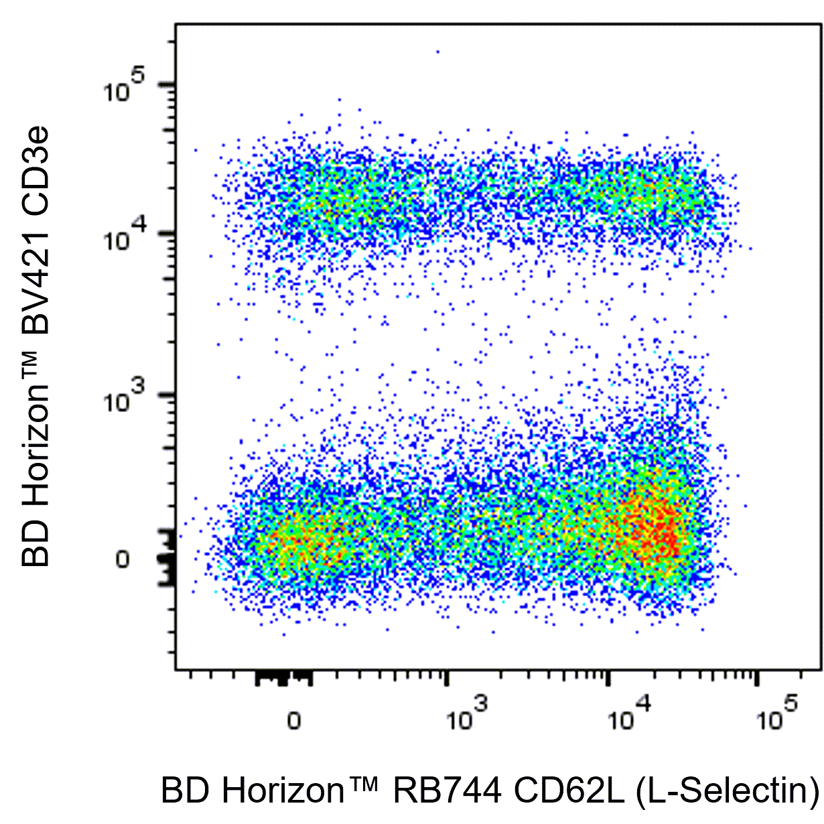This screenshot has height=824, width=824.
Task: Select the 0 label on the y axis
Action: (122, 559)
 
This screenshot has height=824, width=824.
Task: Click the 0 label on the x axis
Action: (293, 721)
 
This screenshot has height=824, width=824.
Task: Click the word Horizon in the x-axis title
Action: (281, 791)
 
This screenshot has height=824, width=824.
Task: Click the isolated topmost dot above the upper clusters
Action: (438, 51)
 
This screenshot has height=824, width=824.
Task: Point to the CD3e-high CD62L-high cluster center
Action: (643, 191)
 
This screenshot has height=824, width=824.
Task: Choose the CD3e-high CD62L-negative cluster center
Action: (328, 194)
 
